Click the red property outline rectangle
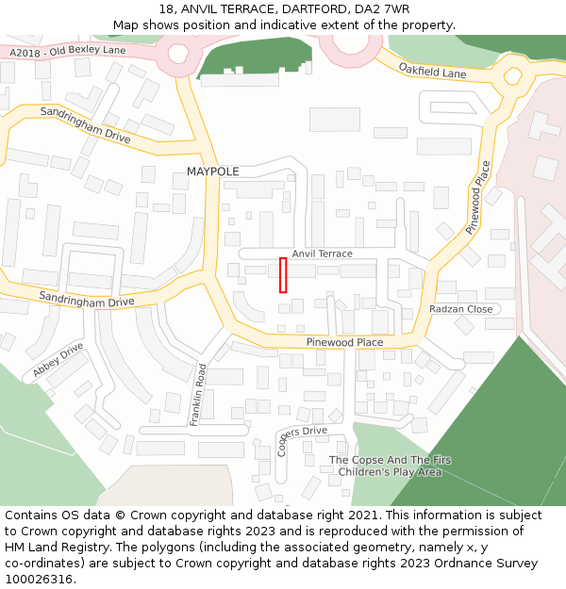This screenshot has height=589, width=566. tap(283, 274)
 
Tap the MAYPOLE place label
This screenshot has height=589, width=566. tap(212, 172)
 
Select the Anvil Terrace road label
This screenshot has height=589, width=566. tap(322, 254)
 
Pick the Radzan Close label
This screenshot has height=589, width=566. tap(460, 309)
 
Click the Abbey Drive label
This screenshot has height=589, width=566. tap(59, 362)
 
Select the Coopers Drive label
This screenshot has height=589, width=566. tap(299, 438)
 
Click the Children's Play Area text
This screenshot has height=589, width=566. tap(390, 472)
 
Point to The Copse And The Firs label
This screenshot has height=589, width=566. tap(390, 460)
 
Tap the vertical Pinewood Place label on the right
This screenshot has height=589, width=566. tap(479, 197)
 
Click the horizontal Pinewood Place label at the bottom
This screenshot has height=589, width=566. tap(344, 342)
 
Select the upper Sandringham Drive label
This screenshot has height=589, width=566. tap(85, 123)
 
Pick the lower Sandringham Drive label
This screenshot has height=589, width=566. tap(87, 300)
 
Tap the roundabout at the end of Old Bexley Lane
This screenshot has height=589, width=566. tap(178, 53)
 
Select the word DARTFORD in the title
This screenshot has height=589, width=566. tap(314, 8)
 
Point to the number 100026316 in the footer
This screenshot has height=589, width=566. tap(40, 579)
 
